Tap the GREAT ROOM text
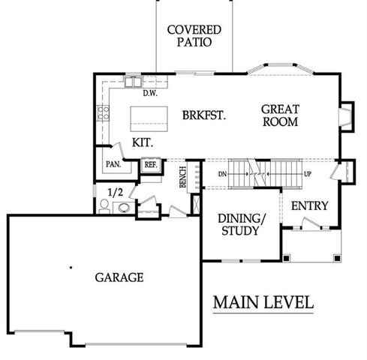tap(281, 115)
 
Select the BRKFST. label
tap(204, 115)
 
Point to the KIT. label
tap(143, 142)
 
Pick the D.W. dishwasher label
tap(149, 94)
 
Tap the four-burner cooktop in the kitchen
tap(102, 115)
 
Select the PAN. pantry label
tap(113, 164)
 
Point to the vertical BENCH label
tap(182, 178)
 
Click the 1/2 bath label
tap(116, 192)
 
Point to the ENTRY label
tap(308, 205)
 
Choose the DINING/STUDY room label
tap(240, 225)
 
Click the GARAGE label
tap(119, 277)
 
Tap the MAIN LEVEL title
tap(263, 303)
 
